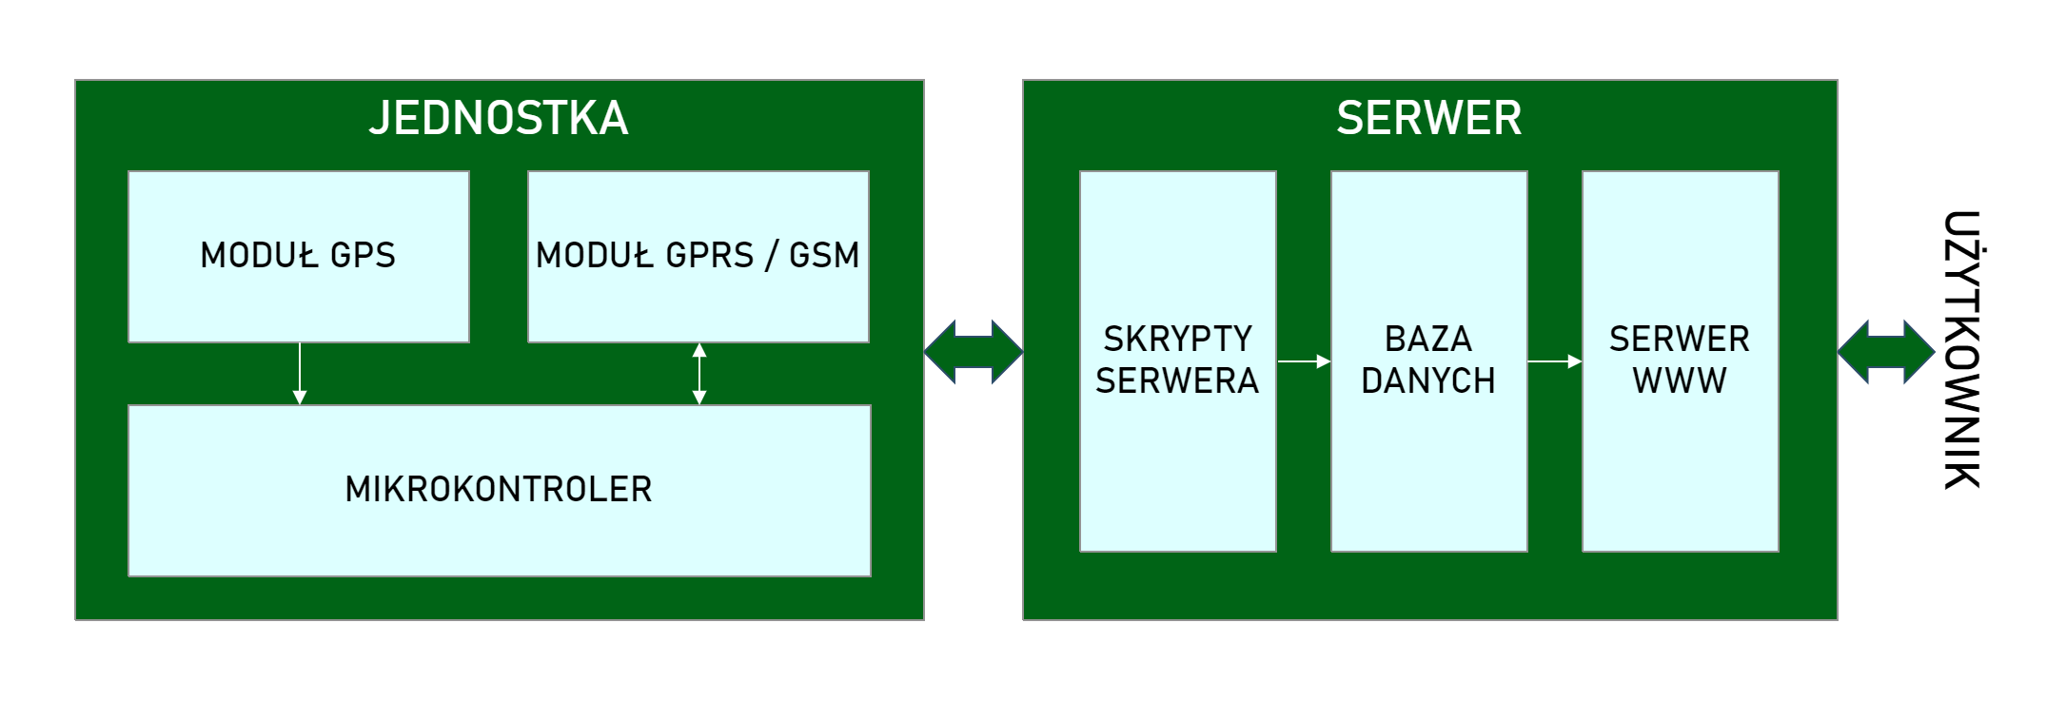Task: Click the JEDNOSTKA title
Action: (499, 119)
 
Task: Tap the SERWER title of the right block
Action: (1428, 119)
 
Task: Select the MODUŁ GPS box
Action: (298, 285)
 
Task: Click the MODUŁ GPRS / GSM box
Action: (698, 295)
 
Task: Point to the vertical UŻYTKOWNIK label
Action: (1961, 350)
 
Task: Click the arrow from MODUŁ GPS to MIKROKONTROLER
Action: (300, 374)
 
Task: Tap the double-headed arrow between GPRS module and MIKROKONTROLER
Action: (699, 374)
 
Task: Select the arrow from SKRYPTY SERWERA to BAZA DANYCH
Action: (1304, 361)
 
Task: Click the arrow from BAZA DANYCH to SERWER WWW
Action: (1555, 361)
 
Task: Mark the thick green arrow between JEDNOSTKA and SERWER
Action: (974, 352)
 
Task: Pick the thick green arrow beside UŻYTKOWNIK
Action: (1885, 352)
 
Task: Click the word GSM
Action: (824, 255)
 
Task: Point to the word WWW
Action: (1680, 381)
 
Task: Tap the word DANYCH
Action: (1428, 381)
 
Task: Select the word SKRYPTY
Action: (1177, 340)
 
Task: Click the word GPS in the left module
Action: (363, 255)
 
